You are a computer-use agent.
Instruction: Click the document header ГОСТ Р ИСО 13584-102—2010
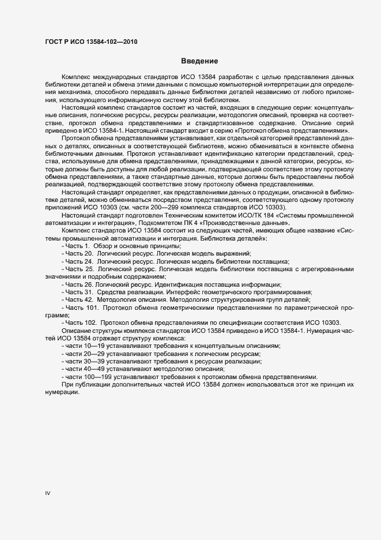[x=92, y=42]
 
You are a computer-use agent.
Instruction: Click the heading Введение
[x=199, y=61]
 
